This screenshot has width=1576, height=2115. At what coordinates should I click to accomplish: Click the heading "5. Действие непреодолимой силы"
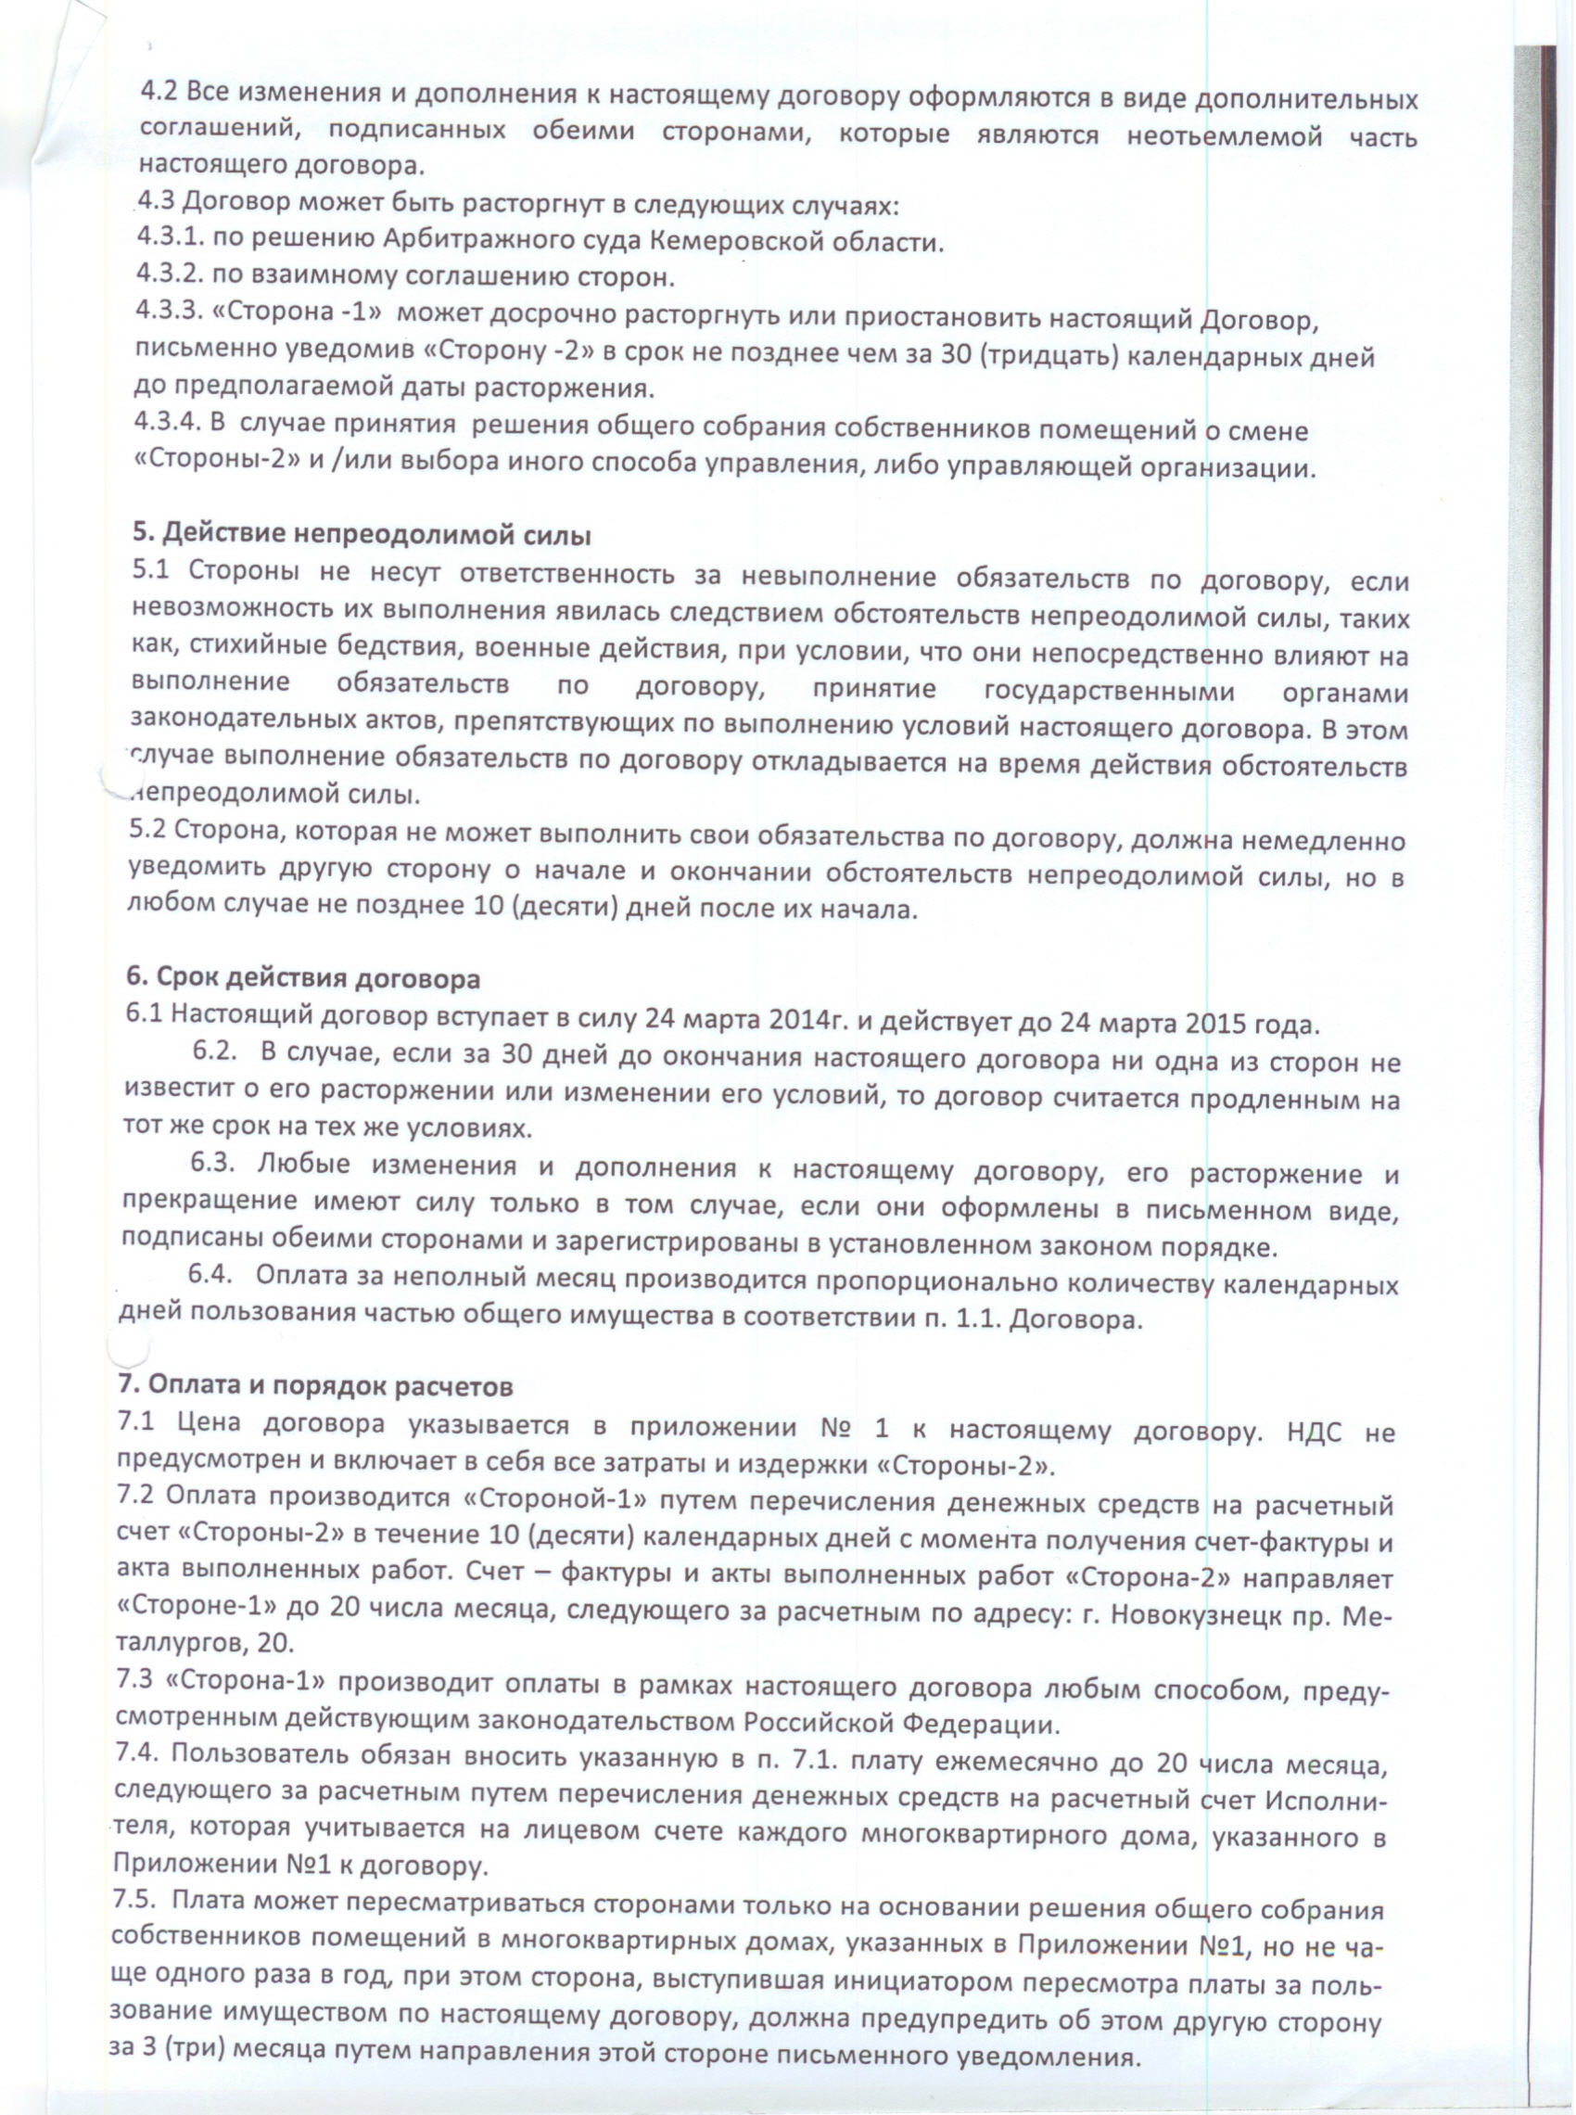tap(360, 534)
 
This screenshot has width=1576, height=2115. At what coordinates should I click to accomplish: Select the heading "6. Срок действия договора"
tap(303, 980)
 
